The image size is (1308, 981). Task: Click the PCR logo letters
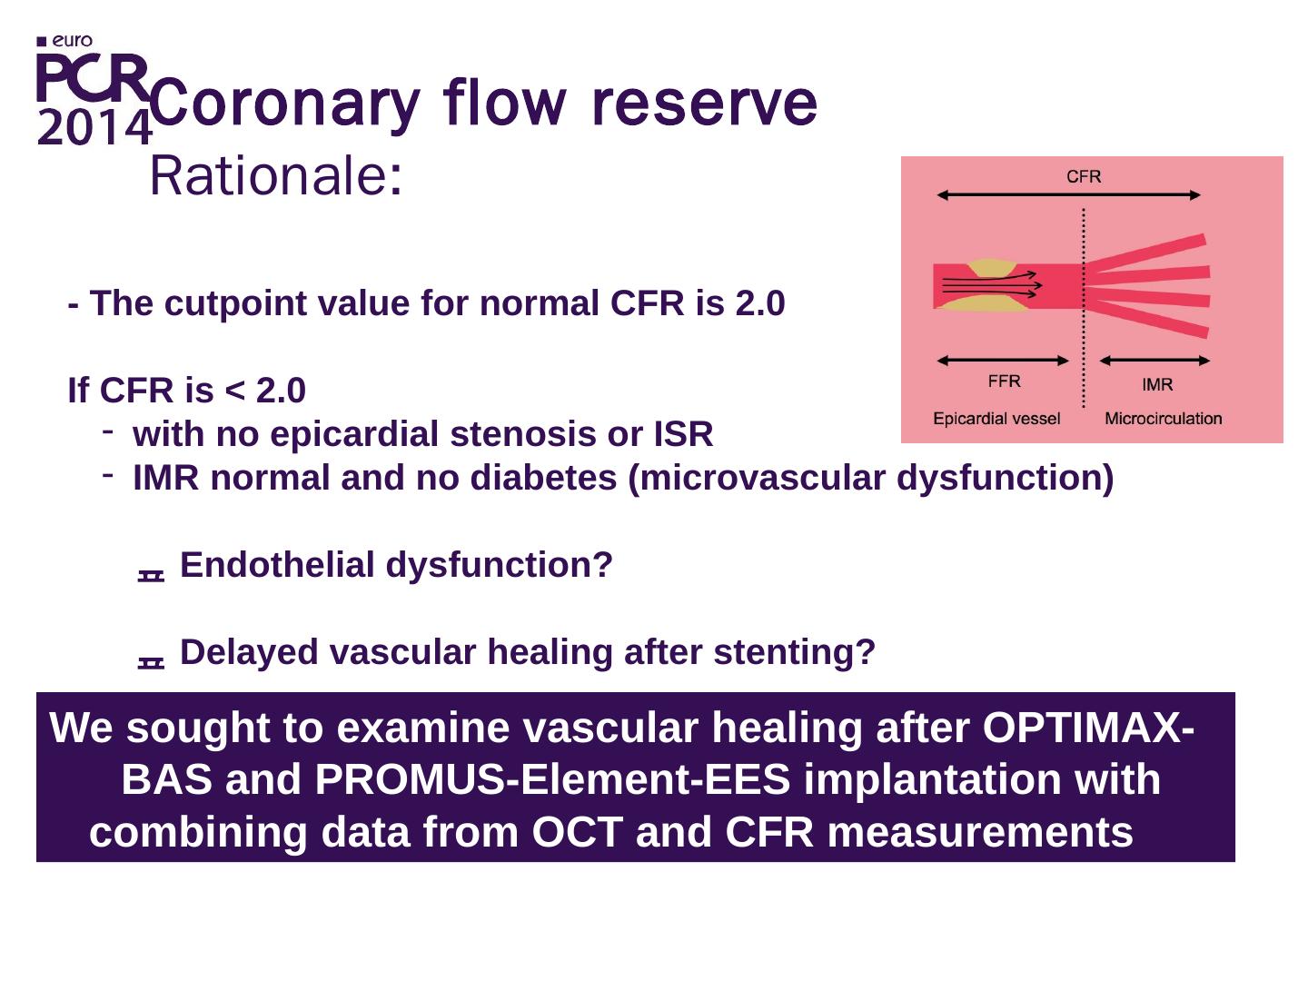click(x=93, y=77)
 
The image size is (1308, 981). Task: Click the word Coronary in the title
click(x=287, y=104)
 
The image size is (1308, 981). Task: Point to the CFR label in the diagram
click(x=1084, y=176)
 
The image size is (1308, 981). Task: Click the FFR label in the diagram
click(x=1004, y=381)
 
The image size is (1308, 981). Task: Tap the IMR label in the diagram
click(x=1157, y=385)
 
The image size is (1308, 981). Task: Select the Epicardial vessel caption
click(x=996, y=419)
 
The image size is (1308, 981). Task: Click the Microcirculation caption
click(x=1164, y=419)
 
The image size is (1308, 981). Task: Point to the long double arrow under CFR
click(x=1068, y=194)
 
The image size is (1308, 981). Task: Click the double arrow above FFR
click(x=1003, y=360)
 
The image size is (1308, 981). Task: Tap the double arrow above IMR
click(x=1154, y=360)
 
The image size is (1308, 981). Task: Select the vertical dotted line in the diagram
click(x=1084, y=308)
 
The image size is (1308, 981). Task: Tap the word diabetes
click(x=543, y=478)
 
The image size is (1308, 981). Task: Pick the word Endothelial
click(x=276, y=564)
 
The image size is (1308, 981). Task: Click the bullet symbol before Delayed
click(x=151, y=662)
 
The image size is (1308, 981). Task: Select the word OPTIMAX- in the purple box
click(x=1088, y=728)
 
